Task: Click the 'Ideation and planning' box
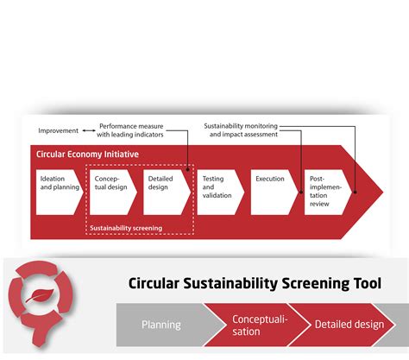[x=59, y=192]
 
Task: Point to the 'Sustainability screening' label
[x=126, y=228]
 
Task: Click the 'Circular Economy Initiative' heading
[x=87, y=155]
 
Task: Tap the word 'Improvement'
[x=58, y=130]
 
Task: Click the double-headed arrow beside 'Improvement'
[x=89, y=130]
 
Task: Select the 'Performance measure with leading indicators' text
[x=130, y=130]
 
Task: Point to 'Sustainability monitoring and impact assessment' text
[x=241, y=130]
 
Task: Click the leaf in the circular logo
[x=41, y=295]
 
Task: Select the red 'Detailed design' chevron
[x=343, y=325]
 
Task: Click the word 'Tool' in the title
[x=368, y=283]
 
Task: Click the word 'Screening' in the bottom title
[x=316, y=284]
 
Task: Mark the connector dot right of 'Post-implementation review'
[x=356, y=192]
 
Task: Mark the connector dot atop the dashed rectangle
[x=188, y=169]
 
